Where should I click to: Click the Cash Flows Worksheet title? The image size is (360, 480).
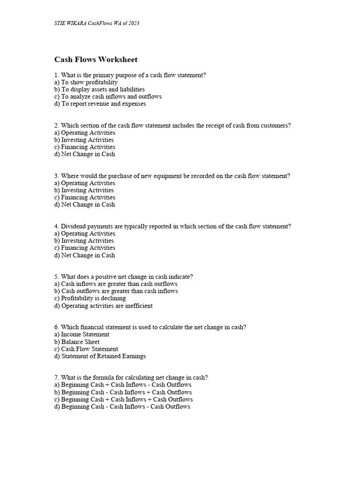(96, 60)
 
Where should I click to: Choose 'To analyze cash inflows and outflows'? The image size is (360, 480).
(108, 97)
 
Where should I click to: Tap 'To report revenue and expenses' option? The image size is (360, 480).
(100, 104)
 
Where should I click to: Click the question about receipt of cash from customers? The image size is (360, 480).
(172, 125)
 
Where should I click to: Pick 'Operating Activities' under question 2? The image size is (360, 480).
(84, 133)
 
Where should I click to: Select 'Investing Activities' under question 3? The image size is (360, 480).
(84, 190)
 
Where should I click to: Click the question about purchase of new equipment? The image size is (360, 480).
(172, 176)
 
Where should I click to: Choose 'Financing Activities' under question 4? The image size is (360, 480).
(84, 247)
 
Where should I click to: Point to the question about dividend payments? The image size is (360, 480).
(172, 226)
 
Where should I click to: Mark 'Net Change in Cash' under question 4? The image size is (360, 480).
(84, 255)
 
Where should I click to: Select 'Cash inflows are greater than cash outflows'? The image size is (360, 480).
(116, 284)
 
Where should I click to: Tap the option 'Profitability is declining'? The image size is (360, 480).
(90, 298)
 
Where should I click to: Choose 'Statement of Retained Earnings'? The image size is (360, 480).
(100, 356)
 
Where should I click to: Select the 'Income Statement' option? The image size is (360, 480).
(82, 334)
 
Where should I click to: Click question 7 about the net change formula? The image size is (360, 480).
(131, 377)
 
